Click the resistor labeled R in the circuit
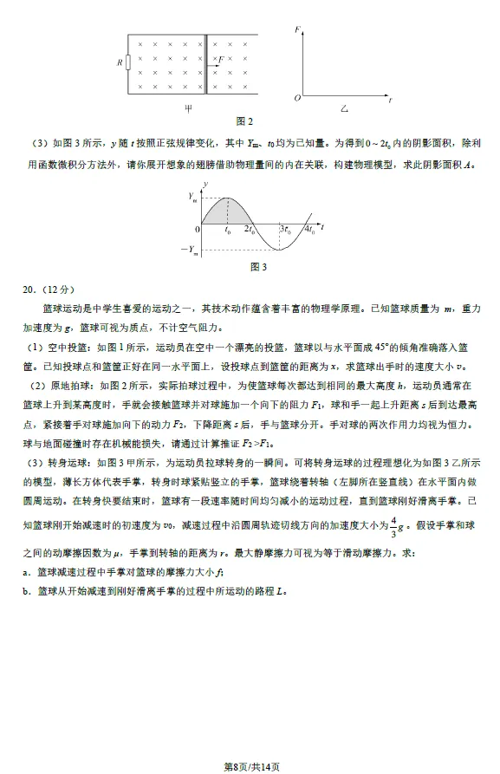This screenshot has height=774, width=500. point(127,62)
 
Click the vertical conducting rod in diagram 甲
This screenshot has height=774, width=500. point(206,65)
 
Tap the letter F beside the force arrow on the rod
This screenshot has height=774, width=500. point(221,58)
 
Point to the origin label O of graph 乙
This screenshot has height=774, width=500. point(296,99)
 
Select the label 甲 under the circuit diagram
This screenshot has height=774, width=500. point(188,108)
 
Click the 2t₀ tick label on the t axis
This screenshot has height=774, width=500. point(249,231)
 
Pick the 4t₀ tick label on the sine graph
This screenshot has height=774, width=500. point(309,231)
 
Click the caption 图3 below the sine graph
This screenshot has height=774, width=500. point(258,267)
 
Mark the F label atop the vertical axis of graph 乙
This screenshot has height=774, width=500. point(297,29)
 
